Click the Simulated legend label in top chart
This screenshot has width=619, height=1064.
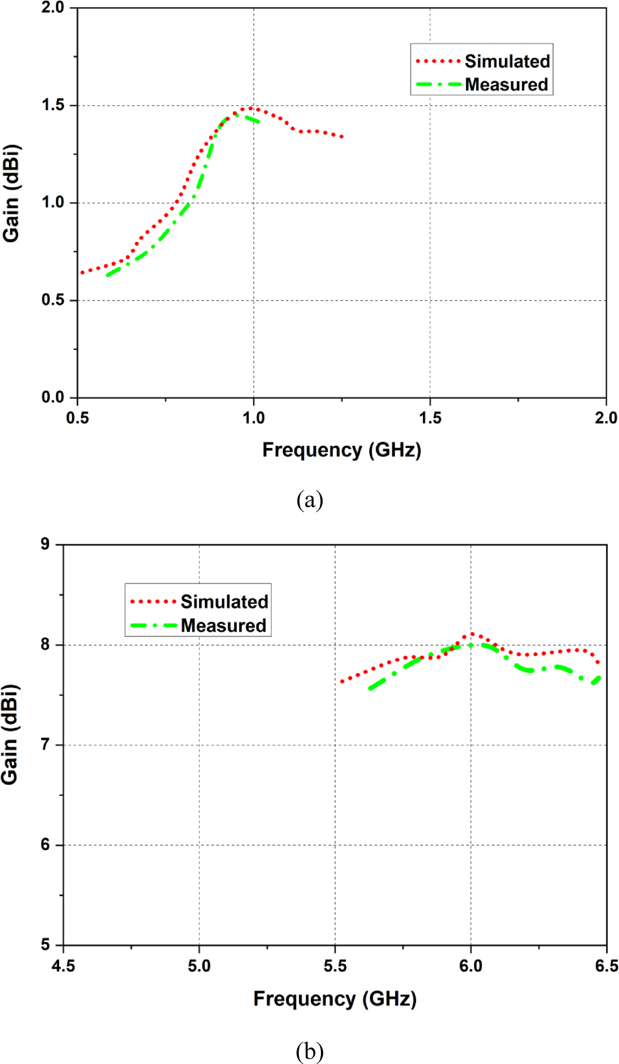point(507,61)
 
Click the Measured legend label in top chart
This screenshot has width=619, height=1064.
point(506,85)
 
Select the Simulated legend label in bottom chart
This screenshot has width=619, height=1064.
point(224,602)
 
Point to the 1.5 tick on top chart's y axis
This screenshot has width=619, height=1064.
point(53,105)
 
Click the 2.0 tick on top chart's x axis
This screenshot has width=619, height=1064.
point(606,418)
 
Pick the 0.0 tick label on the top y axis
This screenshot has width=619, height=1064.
point(53,397)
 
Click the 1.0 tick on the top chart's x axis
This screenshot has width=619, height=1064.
point(254,418)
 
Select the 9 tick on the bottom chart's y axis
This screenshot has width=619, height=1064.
point(45,544)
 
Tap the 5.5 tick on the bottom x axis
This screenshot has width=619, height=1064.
point(335,966)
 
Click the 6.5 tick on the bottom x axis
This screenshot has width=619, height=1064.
point(606,966)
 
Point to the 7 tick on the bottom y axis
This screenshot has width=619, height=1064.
point(45,745)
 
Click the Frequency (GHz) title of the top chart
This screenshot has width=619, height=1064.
point(341,450)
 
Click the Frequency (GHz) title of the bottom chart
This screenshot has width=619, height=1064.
point(335,999)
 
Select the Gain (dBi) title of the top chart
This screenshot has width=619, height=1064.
point(11,193)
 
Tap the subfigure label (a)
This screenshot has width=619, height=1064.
point(310,500)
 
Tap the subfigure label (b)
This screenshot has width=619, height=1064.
point(310,1051)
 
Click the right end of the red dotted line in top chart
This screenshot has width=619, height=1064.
point(342,137)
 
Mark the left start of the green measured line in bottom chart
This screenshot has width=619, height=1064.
point(370,689)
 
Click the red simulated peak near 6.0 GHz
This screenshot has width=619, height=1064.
point(472,634)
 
